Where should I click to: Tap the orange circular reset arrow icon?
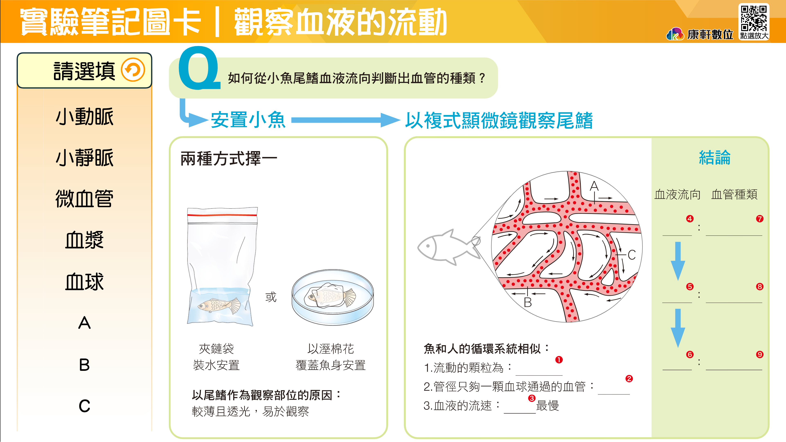pyautogui.click(x=133, y=70)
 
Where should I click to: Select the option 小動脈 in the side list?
pyautogui.click(x=84, y=117)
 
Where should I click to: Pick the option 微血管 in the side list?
pyautogui.click(x=84, y=199)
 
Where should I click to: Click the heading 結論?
pyautogui.click(x=715, y=158)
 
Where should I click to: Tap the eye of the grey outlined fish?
pyautogui.click(x=428, y=246)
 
